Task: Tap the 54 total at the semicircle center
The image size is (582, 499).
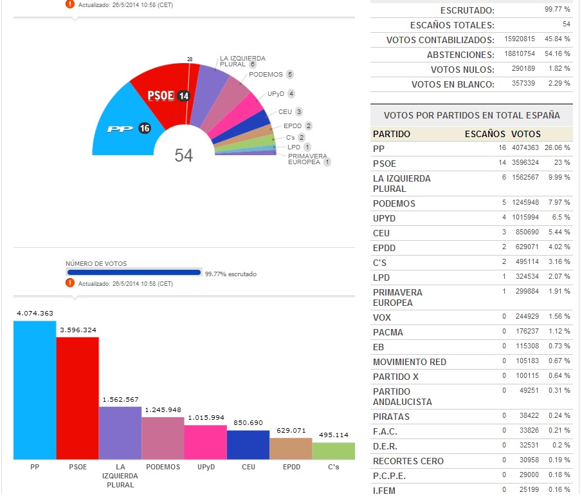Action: point(184,155)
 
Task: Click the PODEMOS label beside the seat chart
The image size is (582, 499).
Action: point(266,75)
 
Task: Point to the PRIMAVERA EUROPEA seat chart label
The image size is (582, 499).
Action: point(307,159)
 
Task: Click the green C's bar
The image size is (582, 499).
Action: point(333,451)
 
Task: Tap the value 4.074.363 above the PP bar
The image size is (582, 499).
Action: point(34,314)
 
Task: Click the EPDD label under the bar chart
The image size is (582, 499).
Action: point(290,467)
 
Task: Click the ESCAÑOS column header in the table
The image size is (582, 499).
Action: point(485,135)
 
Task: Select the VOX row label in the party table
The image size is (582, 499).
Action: point(382,317)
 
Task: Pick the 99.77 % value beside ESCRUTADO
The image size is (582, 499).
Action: point(558,10)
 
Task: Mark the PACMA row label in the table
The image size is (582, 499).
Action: point(388,332)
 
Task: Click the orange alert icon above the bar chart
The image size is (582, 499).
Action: point(70,283)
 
